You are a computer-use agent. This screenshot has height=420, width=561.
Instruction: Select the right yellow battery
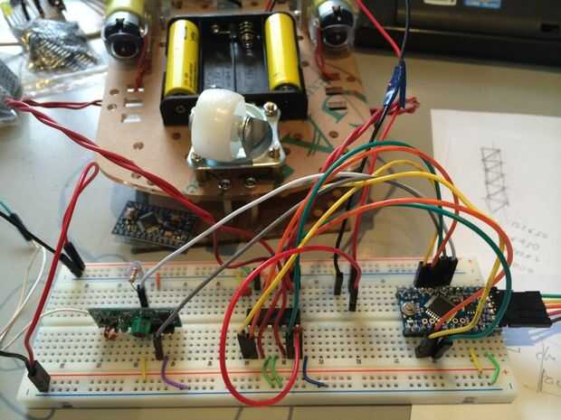pyautogui.click(x=283, y=50)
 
